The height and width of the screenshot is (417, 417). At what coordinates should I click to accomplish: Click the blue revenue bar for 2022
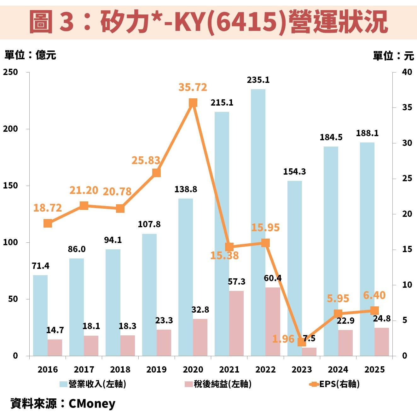coord(258,221)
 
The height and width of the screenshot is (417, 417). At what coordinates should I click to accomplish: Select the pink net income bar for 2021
coord(236,323)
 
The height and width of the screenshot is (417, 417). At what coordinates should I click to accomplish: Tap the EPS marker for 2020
coord(193,103)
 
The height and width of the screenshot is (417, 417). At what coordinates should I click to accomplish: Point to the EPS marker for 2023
coord(302,342)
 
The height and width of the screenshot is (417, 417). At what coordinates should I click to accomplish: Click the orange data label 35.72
coord(193,87)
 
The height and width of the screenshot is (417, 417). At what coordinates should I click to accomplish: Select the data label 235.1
coord(258,80)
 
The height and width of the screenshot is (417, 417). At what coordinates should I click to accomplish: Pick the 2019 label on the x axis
coord(157,369)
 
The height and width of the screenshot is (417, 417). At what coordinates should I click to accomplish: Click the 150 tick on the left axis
coord(10,186)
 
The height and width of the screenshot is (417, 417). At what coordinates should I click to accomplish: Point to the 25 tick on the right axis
coord(407,178)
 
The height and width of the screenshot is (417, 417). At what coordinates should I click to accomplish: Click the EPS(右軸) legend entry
coord(339,384)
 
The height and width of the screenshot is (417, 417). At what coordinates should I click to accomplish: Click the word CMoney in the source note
coord(92,403)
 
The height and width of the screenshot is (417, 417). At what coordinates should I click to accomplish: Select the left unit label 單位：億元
coord(30,55)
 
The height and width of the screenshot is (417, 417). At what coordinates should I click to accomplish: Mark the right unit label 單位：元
coord(393,56)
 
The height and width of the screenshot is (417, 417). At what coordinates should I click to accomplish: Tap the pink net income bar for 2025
coord(382,342)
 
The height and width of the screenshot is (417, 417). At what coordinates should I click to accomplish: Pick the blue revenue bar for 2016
coord(40,315)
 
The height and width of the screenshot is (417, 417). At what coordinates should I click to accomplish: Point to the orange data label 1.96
coord(283,339)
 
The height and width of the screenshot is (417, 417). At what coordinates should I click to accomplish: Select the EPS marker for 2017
coord(84,206)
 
